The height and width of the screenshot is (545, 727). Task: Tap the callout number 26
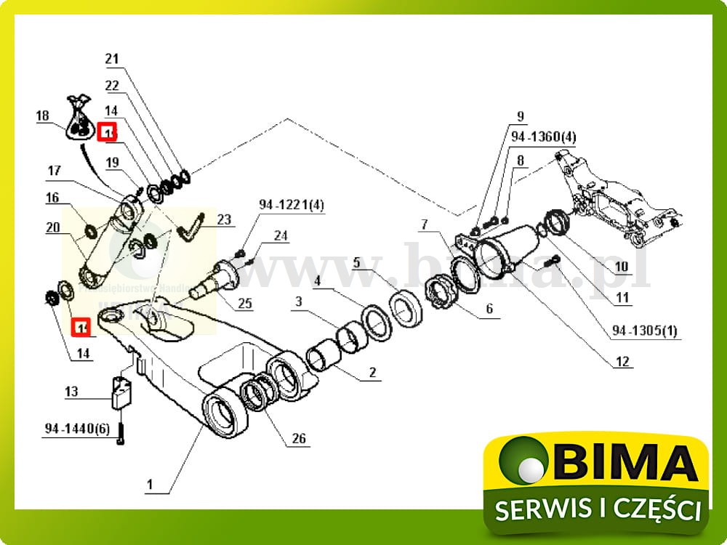pyautogui.click(x=299, y=438)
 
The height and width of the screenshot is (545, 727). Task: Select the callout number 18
pyautogui.click(x=43, y=116)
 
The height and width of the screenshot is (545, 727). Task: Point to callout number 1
pyautogui.click(x=150, y=484)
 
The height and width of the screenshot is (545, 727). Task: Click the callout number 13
pyautogui.click(x=71, y=392)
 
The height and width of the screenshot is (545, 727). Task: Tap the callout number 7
pyautogui.click(x=425, y=225)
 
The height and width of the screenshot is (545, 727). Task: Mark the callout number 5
pyautogui.click(x=357, y=263)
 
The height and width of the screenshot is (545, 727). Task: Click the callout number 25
pyautogui.click(x=245, y=304)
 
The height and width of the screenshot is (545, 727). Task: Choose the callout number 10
pyautogui.click(x=621, y=267)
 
